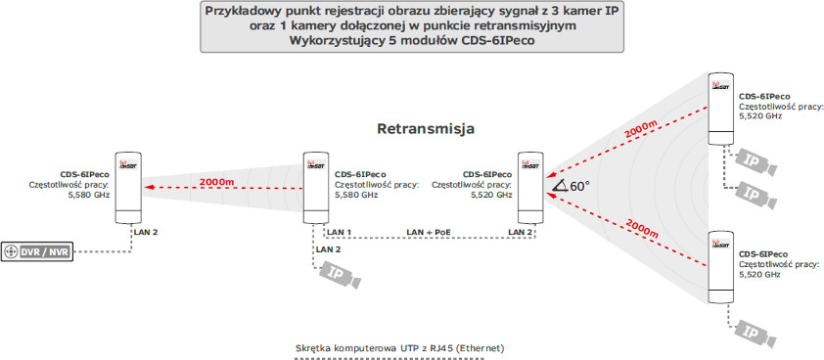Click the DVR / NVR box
click(38, 251)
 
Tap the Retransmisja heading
click(427, 129)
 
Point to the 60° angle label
click(580, 185)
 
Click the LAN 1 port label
click(341, 232)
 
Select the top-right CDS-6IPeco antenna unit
click(722, 106)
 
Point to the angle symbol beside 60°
click(561, 186)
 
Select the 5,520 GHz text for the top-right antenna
click(761, 116)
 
